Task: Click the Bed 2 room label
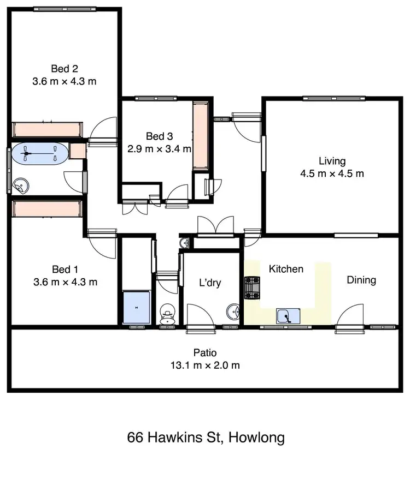pos(65,69)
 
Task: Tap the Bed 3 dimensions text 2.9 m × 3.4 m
pos(160,148)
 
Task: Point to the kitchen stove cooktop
pos(253,288)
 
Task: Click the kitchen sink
pos(288,315)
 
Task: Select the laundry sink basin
pos(233,312)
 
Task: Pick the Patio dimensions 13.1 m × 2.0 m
pos(205,366)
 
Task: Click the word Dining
pos(361,280)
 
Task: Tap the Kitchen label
pos(285,269)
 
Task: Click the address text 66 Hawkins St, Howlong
pos(206,438)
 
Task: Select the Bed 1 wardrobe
pos(47,209)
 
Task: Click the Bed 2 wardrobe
pos(47,129)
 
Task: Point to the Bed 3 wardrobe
pos(200,135)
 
